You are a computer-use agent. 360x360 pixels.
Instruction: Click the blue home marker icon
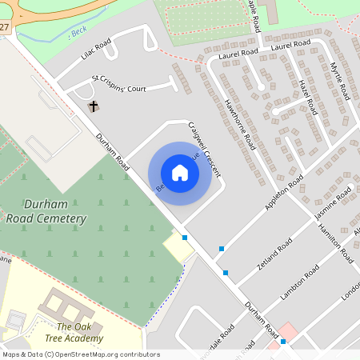click(180, 173)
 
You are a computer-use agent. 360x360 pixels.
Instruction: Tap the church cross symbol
click(93, 106)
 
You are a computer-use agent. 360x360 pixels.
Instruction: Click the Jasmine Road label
click(333, 206)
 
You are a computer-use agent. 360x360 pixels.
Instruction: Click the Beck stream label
click(78, 32)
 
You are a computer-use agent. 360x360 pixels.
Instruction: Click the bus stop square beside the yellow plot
click(185, 238)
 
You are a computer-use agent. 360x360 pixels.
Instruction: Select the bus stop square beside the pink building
click(283, 342)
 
